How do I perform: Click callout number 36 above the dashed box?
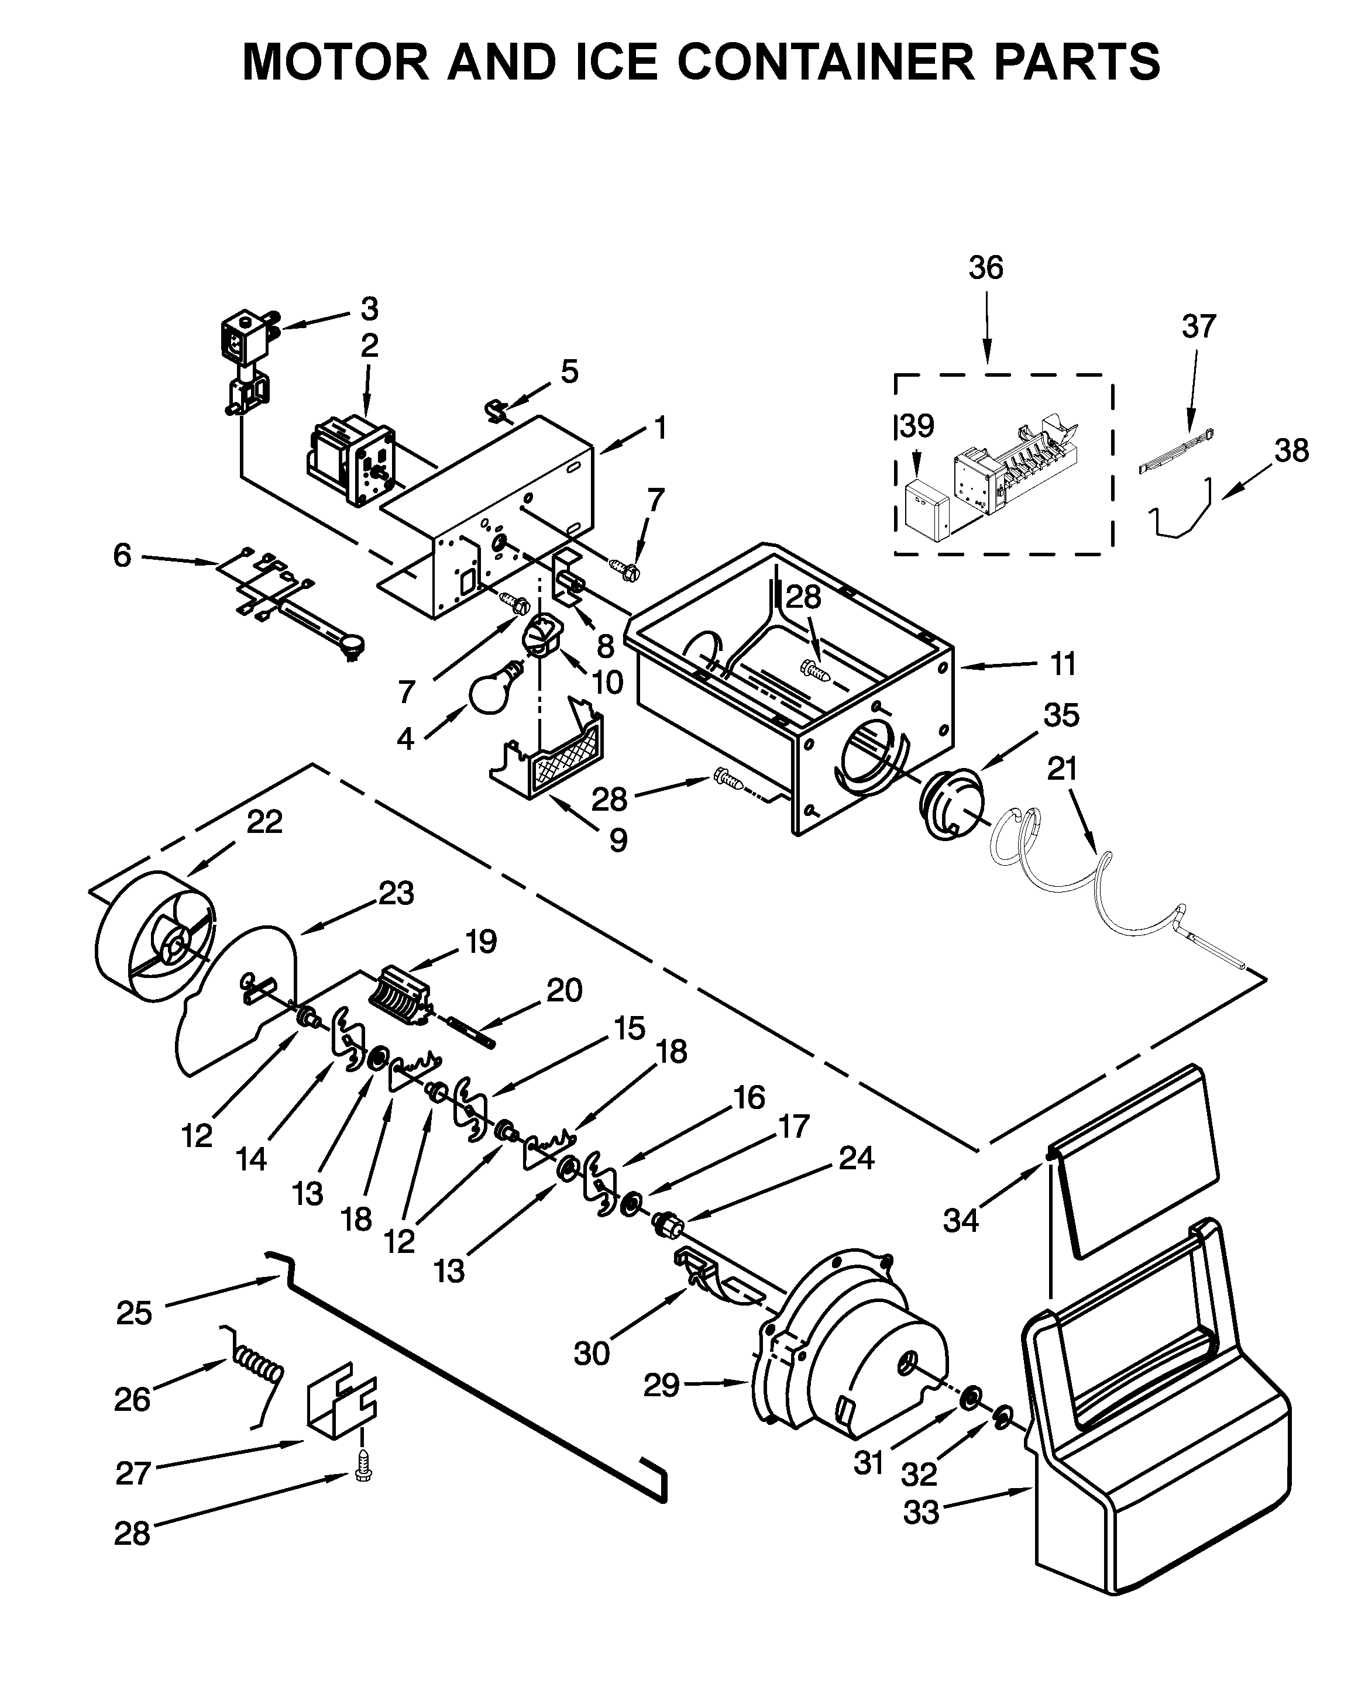986,268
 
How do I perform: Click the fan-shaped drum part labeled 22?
154,939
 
